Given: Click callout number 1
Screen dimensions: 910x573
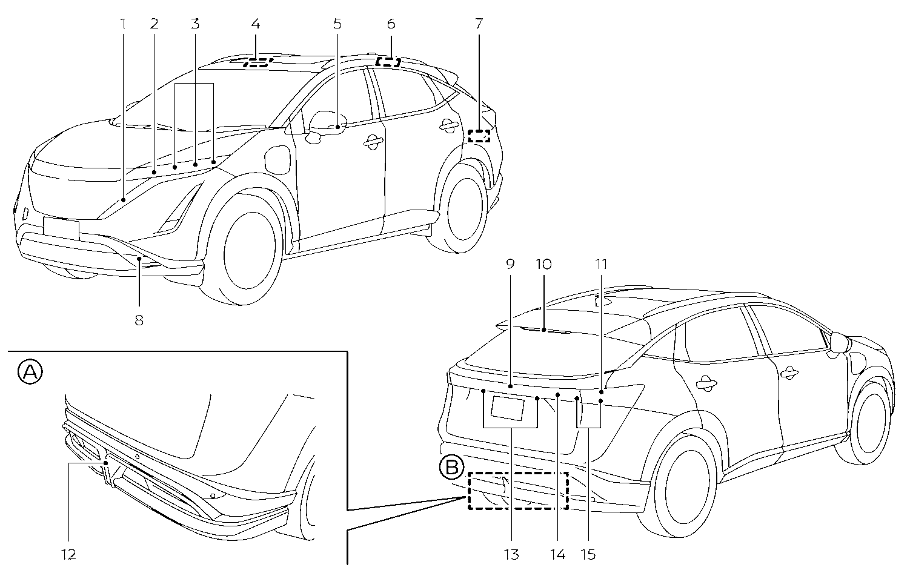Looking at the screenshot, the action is [x=123, y=24].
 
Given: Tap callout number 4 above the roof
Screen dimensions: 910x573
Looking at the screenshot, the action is [x=256, y=24].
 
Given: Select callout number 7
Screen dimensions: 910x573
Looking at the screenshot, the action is [x=479, y=24].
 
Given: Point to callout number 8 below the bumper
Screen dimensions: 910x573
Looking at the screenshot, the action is [x=139, y=320].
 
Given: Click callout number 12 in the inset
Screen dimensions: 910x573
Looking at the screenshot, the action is [x=68, y=554].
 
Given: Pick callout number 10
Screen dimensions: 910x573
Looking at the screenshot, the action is [x=543, y=264].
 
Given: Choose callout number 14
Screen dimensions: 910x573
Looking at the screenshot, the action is [x=558, y=554].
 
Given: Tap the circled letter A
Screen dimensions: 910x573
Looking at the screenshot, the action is [x=30, y=372].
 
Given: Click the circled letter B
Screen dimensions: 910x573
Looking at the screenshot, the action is [x=452, y=468].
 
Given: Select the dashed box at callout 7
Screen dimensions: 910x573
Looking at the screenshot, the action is [x=479, y=136].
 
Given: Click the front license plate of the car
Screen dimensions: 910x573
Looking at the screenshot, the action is [x=61, y=228].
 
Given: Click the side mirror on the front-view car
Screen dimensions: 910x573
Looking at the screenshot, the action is [x=327, y=122].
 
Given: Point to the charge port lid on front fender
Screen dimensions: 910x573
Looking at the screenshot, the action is [x=278, y=160].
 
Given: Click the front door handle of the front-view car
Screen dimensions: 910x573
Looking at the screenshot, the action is [x=373, y=142].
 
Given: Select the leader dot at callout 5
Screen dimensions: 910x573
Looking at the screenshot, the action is [x=337, y=127].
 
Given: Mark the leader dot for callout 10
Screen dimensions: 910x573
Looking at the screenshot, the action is [x=543, y=330].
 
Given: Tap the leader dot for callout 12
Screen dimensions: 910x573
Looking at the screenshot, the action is [x=105, y=463].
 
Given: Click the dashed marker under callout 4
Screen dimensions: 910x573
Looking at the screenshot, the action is [x=258, y=62].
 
